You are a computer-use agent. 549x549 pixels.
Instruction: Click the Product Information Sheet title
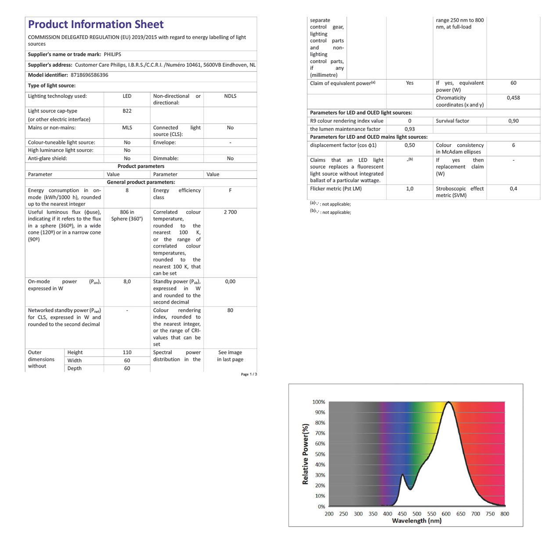tap(96, 25)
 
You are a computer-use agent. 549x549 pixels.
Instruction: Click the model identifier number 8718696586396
tap(89, 75)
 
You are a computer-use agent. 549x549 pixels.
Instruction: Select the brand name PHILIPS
tap(112, 54)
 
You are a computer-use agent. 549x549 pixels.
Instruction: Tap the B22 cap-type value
tap(127, 111)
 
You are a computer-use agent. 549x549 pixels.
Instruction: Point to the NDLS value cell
tap(230, 96)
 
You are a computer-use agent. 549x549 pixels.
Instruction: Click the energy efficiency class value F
tap(230, 191)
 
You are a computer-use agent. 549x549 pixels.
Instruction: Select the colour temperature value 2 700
tap(230, 212)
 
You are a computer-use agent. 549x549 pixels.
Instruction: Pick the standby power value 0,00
tap(230, 282)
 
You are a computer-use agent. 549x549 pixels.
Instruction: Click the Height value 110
tap(127, 352)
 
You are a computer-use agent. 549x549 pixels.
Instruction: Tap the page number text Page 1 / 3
tap(249, 374)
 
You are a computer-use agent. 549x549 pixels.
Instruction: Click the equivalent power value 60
tap(513, 83)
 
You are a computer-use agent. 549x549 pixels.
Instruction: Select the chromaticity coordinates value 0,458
tap(513, 98)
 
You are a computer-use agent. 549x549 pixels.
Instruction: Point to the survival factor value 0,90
tap(513, 121)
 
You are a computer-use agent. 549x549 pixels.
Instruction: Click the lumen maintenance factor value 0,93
tap(409, 129)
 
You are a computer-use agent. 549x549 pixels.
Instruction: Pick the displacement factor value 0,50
tap(409, 145)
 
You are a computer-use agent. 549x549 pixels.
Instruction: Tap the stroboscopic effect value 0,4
tap(513, 189)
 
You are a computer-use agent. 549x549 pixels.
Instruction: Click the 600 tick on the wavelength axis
tap(446, 514)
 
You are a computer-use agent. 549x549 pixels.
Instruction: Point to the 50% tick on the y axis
tap(320, 454)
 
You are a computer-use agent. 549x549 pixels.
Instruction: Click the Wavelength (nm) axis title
tap(416, 521)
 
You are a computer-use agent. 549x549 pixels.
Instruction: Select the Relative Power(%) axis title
tap(306, 454)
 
